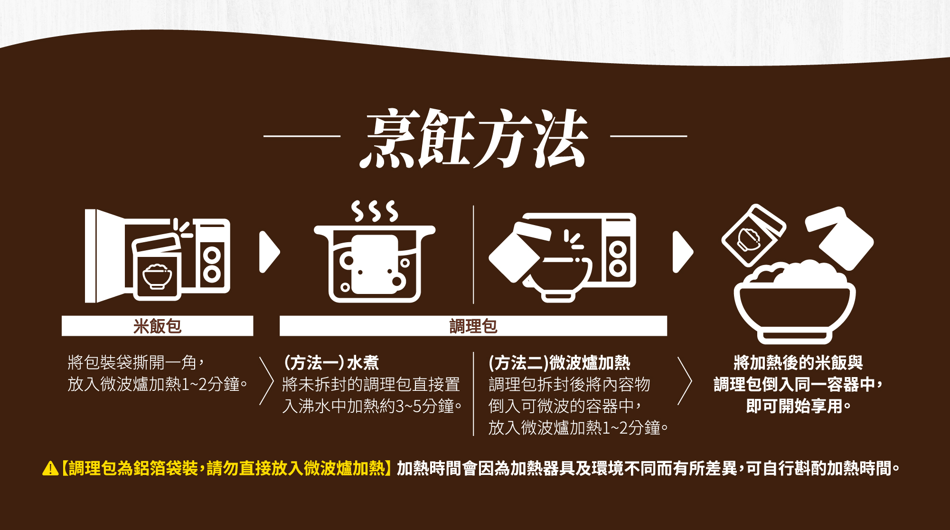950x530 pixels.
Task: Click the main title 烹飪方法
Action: pyautogui.click(x=474, y=138)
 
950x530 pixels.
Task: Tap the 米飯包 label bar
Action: pyautogui.click(x=157, y=326)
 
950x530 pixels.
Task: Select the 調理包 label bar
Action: pyautogui.click(x=473, y=326)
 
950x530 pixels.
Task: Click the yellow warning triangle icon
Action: pyautogui.click(x=50, y=469)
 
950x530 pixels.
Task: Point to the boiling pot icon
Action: pyautogui.click(x=375, y=264)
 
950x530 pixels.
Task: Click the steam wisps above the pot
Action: pyautogui.click(x=374, y=211)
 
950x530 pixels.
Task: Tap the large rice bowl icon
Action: pyautogui.click(x=794, y=304)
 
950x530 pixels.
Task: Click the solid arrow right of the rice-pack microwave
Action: pyautogui.click(x=269, y=252)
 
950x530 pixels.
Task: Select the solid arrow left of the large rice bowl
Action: pyautogui.click(x=683, y=252)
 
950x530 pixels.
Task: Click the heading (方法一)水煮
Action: pyautogui.click(x=331, y=363)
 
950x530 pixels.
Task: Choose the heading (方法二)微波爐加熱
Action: pyautogui.click(x=559, y=363)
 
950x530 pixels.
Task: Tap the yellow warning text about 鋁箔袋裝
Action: pyautogui.click(x=226, y=469)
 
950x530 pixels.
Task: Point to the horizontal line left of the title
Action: pyautogui.click(x=302, y=136)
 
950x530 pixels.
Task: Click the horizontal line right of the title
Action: pyautogui.click(x=648, y=136)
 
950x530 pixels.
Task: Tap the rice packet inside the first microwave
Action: pyautogui.click(x=157, y=268)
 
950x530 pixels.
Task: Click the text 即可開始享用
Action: pyautogui.click(x=798, y=407)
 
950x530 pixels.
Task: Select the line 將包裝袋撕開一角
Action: pyautogui.click(x=135, y=363)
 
